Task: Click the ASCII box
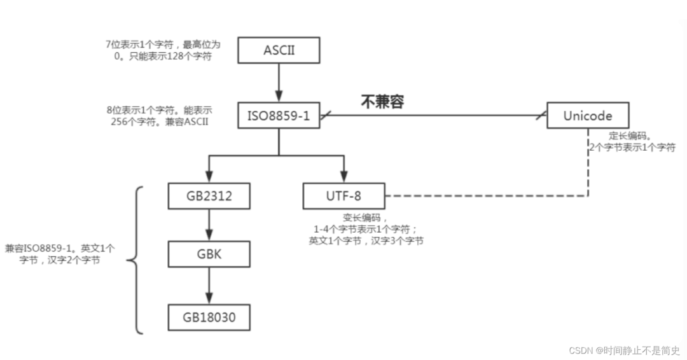279,50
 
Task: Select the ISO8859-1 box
279,116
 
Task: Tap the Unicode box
588,116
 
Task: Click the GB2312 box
209,197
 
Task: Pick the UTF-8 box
344,197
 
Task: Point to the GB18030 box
209,317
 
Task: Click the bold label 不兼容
382,102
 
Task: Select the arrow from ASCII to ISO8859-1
279,83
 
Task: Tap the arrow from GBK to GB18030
209,286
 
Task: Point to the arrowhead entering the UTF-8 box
344,179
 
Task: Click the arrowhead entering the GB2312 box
209,179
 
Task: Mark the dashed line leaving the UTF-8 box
483,197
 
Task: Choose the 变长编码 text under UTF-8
366,229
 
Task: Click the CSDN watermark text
624,350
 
